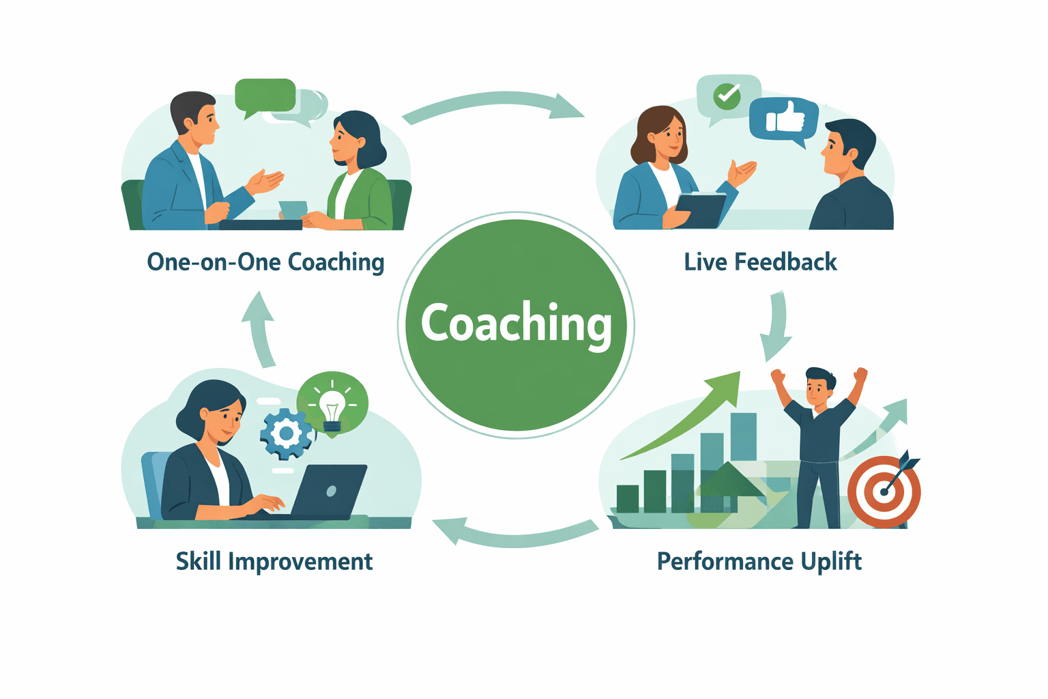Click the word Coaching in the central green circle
click(516, 323)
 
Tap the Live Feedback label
click(760, 262)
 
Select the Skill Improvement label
click(274, 561)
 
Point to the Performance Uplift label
click(759, 561)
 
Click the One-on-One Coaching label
click(265, 262)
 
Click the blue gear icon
click(287, 433)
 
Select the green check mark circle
click(727, 96)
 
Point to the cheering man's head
click(819, 388)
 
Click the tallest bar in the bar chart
click(744, 437)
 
